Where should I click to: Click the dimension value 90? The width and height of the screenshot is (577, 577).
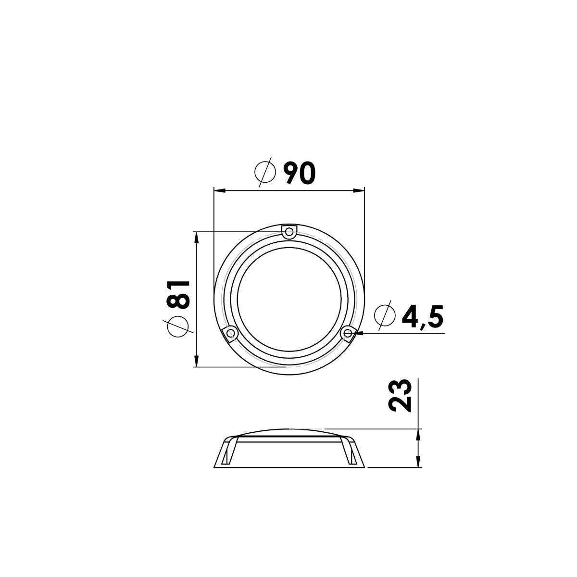click(x=300, y=173)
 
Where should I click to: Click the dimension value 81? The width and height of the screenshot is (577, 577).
click(x=179, y=295)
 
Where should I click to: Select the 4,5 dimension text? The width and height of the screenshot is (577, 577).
click(x=423, y=317)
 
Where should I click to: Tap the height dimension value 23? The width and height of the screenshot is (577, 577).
click(x=400, y=396)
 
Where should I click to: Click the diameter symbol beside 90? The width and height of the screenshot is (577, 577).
click(x=265, y=172)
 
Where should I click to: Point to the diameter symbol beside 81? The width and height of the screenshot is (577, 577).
click(x=177, y=326)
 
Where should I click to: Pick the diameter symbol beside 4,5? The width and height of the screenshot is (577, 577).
click(x=385, y=315)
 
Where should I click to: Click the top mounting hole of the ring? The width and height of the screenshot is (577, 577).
click(x=289, y=231)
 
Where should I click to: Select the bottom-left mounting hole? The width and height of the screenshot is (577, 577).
click(x=231, y=333)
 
